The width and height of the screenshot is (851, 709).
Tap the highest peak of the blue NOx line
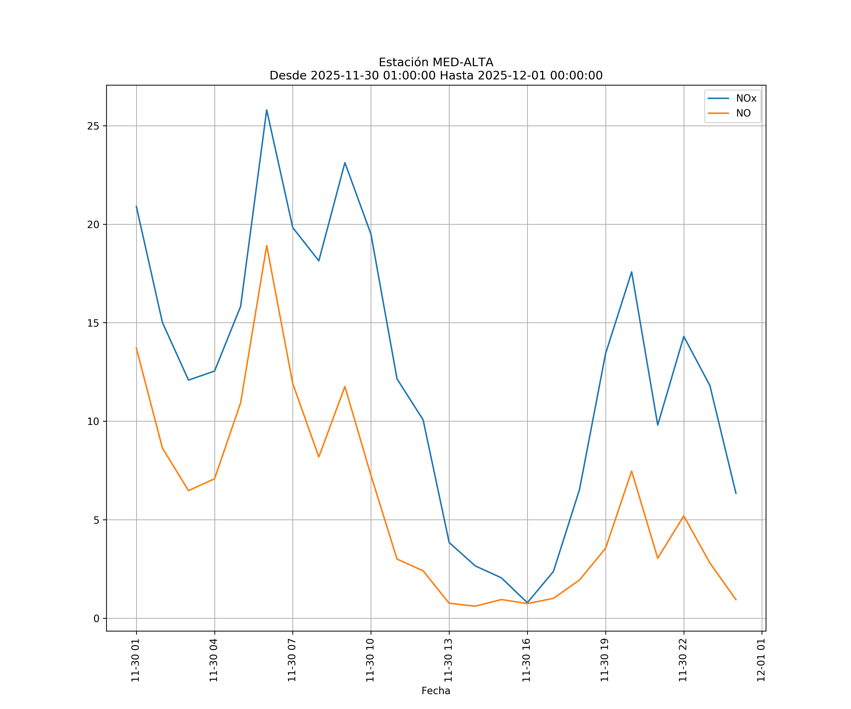coord(267,110)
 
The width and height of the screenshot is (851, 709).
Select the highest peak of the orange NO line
coord(267,246)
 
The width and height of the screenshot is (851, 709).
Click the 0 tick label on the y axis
coord(96,619)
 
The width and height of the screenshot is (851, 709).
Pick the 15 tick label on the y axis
coord(93,323)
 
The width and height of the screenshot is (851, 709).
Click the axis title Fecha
coord(436,691)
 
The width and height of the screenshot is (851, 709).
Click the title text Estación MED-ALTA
coord(436,62)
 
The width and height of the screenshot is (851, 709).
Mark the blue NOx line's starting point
coord(136,206)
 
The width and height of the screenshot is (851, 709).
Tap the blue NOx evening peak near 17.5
coord(631,272)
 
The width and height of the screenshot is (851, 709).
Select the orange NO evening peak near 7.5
coord(631,471)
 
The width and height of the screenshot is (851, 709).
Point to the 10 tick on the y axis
coord(93,421)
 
